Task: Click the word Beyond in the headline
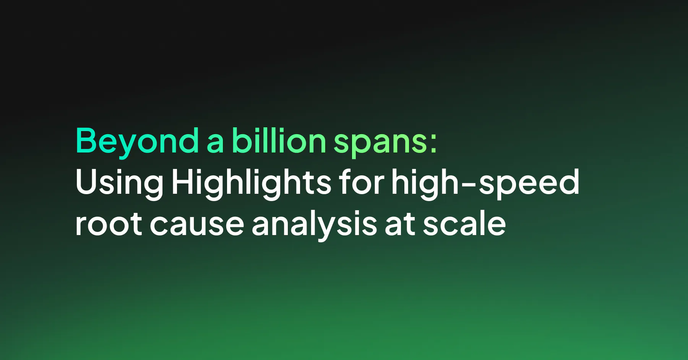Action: [x=137, y=141]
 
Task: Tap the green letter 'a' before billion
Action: [x=215, y=142]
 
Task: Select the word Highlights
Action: [x=251, y=183]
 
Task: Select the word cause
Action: [x=197, y=225]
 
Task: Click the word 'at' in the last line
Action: [x=400, y=225]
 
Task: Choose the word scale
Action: [x=464, y=224]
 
